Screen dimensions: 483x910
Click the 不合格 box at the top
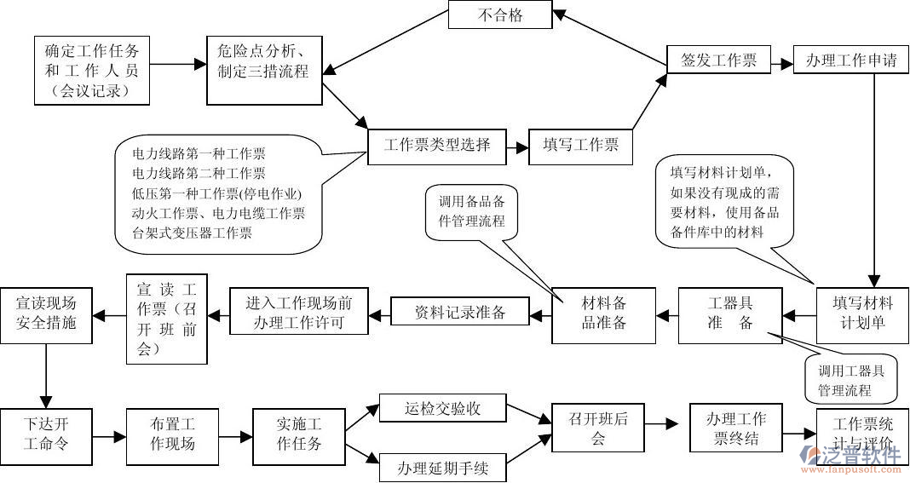point(500,14)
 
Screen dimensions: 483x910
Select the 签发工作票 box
point(718,60)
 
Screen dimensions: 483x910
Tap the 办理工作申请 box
point(850,60)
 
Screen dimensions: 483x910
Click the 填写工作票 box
point(581,145)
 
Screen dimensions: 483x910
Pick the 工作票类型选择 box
point(437,145)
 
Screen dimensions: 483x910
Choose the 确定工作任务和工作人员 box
point(92,71)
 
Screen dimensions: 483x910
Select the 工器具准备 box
point(730,314)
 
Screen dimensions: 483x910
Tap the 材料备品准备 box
point(603,314)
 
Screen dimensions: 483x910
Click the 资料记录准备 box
point(460,312)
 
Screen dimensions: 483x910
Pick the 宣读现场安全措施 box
point(46,313)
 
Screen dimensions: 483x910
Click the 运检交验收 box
point(443,409)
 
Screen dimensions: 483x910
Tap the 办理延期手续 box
point(443,468)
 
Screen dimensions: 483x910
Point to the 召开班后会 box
point(597,428)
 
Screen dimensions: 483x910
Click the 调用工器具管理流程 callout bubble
point(851,379)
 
